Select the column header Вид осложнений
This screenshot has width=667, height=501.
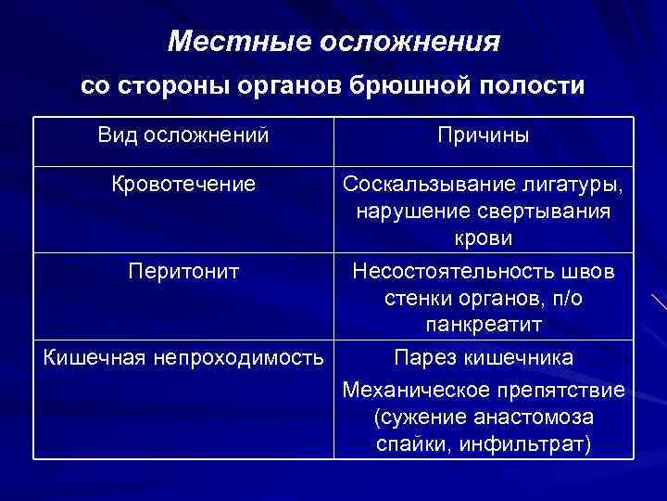[x=183, y=135]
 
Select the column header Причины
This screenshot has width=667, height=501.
[x=484, y=136]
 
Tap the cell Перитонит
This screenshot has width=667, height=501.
[x=183, y=271]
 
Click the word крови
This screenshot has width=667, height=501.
[x=484, y=239]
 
